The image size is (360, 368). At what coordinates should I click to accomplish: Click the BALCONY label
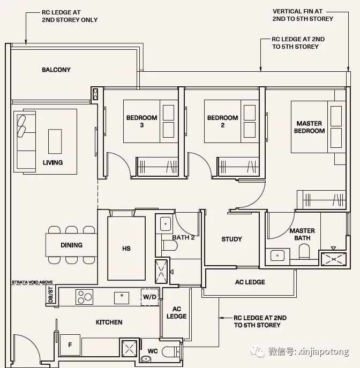56,70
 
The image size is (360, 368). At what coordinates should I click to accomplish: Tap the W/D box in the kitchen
149,297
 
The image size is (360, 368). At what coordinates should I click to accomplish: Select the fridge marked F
70,345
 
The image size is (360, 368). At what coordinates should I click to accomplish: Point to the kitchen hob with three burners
84,297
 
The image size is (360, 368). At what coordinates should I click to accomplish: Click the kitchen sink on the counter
122,298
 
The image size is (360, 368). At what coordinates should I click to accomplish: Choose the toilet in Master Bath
304,251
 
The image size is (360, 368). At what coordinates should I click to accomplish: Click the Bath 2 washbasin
166,224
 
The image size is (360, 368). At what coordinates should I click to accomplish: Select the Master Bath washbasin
277,256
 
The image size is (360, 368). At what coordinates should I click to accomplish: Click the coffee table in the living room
55,141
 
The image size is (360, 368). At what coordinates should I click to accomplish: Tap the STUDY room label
231,239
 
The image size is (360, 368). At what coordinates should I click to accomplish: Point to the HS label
126,249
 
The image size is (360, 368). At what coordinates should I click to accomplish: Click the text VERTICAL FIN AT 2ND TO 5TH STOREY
303,15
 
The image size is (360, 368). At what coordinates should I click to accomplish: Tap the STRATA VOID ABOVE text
32,282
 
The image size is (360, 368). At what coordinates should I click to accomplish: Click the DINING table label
72,245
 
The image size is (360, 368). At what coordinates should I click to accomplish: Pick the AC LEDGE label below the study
250,282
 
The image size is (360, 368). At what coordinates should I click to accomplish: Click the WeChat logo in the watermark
257,351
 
